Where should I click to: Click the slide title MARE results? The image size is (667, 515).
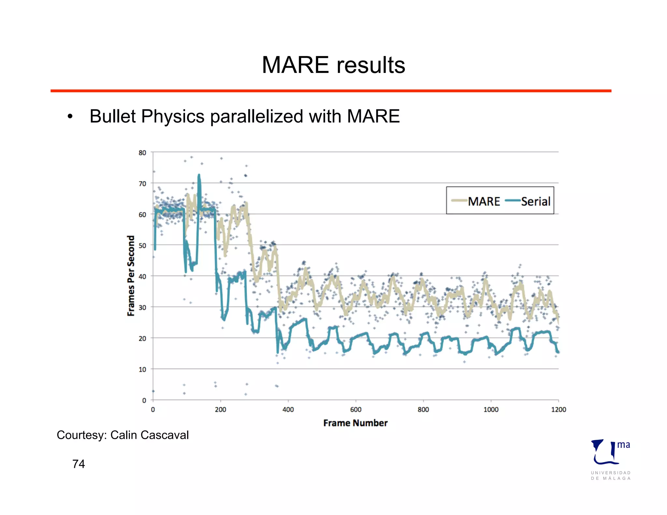333,65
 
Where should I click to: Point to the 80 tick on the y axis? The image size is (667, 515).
142,153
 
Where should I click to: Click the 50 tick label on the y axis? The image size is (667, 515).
142,245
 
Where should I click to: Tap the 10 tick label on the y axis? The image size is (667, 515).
142,369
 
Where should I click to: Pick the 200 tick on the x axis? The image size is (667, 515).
220,410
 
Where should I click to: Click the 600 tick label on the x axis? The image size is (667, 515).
356,410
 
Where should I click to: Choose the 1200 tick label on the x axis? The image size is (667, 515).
558,410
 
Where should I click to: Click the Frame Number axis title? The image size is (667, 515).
355,423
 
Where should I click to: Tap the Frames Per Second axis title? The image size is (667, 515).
131,275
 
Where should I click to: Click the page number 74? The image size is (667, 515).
78,464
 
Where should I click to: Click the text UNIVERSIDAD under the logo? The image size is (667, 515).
611,473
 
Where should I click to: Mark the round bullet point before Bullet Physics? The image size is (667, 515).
70,117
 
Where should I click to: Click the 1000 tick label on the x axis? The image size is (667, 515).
491,410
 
